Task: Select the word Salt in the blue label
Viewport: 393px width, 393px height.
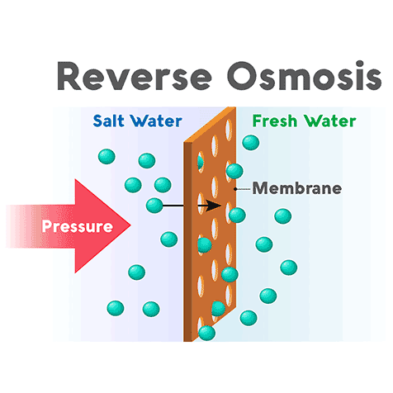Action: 110,122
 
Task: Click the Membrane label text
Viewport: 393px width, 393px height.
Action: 296,187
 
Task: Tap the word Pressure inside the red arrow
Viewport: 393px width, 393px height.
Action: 77,225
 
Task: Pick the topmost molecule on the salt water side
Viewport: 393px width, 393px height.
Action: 106,155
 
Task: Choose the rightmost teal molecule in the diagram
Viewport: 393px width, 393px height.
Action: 288,267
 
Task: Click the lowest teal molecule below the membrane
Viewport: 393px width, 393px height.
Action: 207,333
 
